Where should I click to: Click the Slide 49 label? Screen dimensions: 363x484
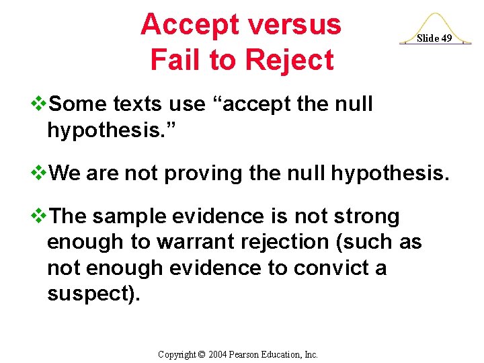coord(434,38)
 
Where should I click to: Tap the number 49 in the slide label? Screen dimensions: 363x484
coord(445,38)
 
